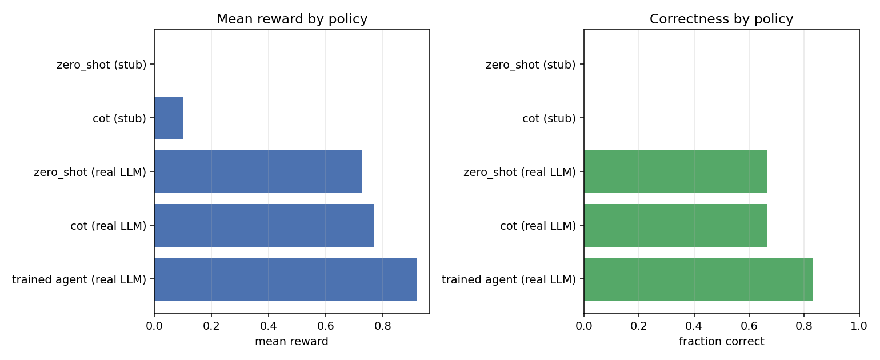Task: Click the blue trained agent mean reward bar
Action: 285,279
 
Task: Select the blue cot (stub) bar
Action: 169,118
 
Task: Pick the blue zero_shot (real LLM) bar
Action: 258,172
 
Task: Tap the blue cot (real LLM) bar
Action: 264,226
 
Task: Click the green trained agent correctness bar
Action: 698,279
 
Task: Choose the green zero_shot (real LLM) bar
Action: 675,172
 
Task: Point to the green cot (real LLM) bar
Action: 675,226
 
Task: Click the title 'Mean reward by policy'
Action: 292,19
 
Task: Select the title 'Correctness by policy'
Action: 721,19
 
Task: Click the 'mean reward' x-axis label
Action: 291,341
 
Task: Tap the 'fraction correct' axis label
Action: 721,341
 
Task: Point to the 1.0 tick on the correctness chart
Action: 859,326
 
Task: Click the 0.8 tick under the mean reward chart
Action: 383,326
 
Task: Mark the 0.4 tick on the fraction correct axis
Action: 694,326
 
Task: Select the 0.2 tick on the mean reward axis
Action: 211,326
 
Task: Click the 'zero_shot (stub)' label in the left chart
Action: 101,65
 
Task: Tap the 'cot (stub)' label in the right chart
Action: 549,118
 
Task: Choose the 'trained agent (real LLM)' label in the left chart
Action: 79,279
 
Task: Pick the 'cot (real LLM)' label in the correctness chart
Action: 538,226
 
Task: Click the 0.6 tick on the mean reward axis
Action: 326,326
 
